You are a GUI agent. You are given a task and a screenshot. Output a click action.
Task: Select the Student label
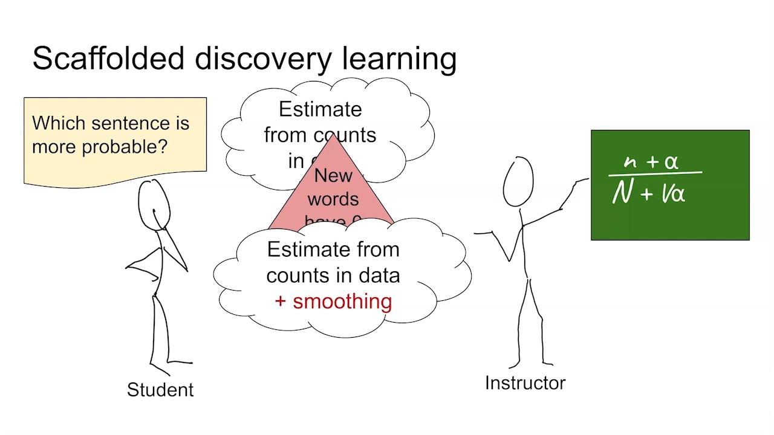point(160,390)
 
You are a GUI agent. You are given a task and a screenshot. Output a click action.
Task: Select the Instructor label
point(525,382)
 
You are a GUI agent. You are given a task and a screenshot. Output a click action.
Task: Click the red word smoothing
point(342,301)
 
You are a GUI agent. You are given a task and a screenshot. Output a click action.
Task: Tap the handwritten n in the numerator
point(630,162)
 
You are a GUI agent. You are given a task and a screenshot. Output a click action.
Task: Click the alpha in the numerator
point(671,162)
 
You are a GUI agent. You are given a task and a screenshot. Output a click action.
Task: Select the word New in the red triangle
point(333,176)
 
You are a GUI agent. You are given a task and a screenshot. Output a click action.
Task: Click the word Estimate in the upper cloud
point(320,109)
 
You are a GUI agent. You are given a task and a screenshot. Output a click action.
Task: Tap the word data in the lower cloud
point(379,275)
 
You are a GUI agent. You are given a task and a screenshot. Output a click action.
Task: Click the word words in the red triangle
point(333,199)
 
